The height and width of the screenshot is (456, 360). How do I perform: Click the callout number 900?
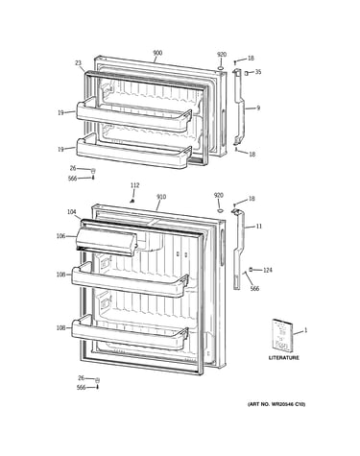pyautogui.click(x=157, y=53)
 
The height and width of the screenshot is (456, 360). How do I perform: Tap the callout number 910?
pyautogui.click(x=161, y=197)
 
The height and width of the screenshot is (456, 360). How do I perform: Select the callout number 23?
pyautogui.click(x=79, y=63)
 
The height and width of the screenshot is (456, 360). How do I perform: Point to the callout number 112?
pyautogui.click(x=135, y=185)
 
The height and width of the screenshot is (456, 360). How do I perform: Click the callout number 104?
pyautogui.click(x=72, y=212)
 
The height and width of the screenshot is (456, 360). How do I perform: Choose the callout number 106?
pyautogui.click(x=60, y=236)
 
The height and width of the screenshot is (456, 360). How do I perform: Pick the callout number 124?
pyautogui.click(x=268, y=270)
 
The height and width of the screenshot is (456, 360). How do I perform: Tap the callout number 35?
pyautogui.click(x=258, y=72)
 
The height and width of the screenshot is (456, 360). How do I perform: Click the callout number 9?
pyautogui.click(x=258, y=108)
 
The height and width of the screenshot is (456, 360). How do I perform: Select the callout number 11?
pyautogui.click(x=259, y=227)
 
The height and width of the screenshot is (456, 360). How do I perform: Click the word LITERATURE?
pyautogui.click(x=283, y=358)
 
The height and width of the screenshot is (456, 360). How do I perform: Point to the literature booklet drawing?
pyautogui.click(x=282, y=335)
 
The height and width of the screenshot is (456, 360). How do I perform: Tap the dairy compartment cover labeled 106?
pyautogui.click(x=107, y=243)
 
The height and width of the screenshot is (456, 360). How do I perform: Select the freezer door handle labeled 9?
pyautogui.click(x=238, y=108)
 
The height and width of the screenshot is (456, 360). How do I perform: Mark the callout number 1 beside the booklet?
pyautogui.click(x=305, y=330)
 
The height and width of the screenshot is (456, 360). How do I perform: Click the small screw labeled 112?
pyautogui.click(x=132, y=201)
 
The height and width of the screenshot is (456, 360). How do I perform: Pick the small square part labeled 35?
pyautogui.click(x=247, y=73)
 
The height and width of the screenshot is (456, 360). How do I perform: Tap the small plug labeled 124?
pyautogui.click(x=251, y=270)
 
